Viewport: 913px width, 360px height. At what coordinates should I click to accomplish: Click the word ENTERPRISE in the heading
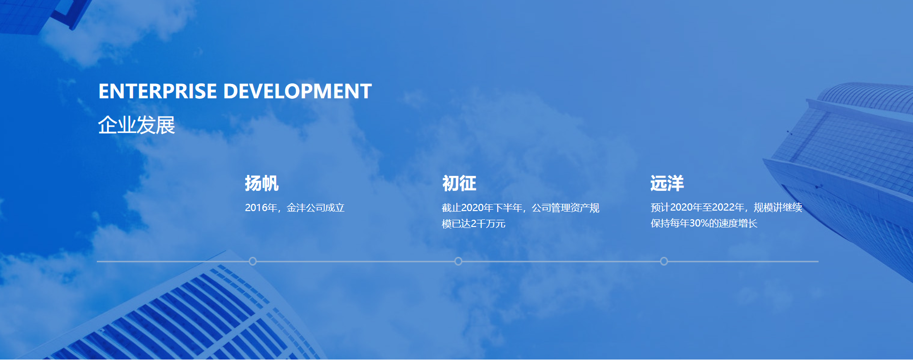(158, 92)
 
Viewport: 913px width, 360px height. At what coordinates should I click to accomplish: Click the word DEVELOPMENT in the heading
(298, 92)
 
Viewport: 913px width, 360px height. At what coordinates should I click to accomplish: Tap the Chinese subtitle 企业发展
(136, 125)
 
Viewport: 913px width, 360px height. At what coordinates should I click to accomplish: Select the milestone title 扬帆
(262, 184)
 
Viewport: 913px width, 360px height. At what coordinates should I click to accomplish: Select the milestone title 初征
(459, 184)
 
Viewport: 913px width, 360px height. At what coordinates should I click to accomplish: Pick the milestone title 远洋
(667, 184)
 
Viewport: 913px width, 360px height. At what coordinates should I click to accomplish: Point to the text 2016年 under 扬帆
(261, 208)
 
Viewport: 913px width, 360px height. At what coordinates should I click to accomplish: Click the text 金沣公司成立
(316, 208)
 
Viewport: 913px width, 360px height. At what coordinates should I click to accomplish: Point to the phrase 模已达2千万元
(474, 224)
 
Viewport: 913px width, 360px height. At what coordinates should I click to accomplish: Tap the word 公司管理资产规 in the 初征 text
(566, 208)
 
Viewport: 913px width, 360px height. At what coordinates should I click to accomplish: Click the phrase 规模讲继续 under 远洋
(778, 207)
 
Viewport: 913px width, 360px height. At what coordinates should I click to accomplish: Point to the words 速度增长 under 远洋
(738, 223)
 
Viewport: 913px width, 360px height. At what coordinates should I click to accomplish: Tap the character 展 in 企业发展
(165, 125)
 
